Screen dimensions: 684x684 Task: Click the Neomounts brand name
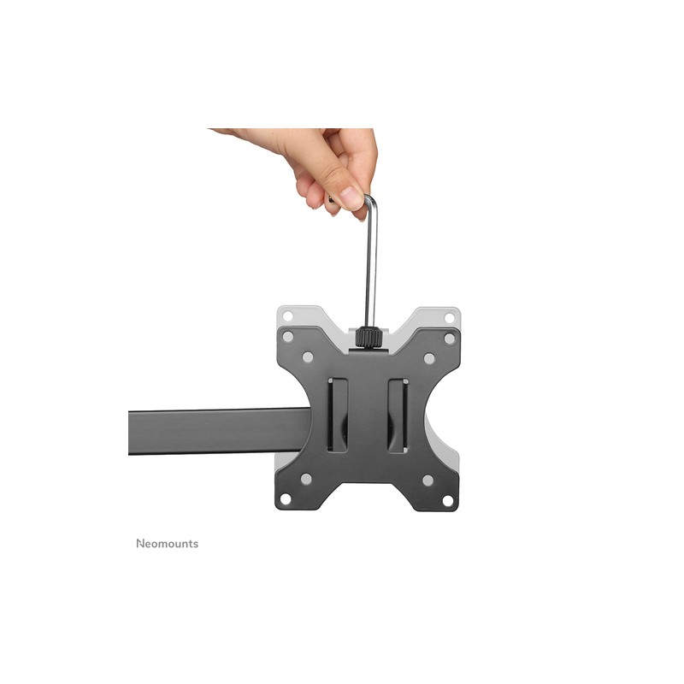(167, 544)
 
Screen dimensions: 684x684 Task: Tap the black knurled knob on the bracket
(369, 337)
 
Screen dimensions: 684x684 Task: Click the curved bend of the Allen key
(369, 201)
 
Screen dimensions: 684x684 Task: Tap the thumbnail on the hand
(352, 198)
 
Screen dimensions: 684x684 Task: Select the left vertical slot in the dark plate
(338, 416)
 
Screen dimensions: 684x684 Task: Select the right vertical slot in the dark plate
(398, 416)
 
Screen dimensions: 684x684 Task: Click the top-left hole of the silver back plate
(287, 315)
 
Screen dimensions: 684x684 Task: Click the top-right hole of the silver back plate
(450, 317)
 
